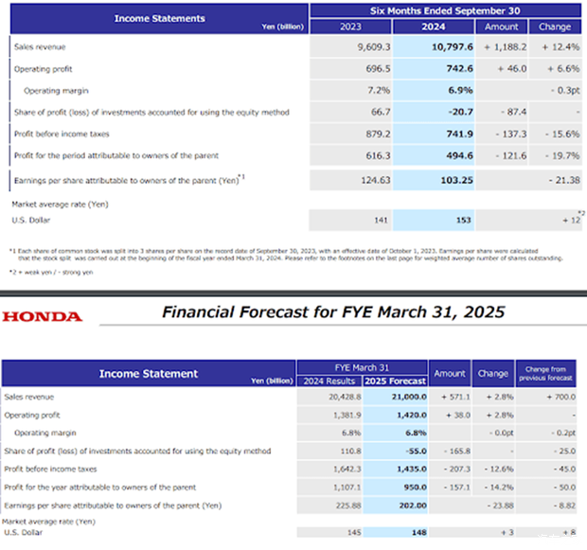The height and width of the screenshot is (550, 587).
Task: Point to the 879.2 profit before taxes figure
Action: (350, 133)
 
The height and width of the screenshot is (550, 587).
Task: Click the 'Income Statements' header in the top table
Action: (159, 18)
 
